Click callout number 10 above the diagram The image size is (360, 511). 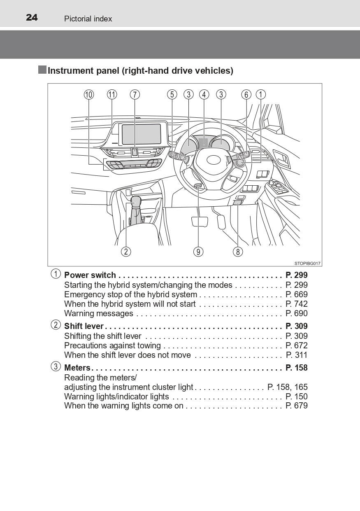(89, 95)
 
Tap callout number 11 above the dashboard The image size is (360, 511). (112, 95)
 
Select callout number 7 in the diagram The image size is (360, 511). (135, 95)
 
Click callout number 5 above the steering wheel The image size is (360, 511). (172, 95)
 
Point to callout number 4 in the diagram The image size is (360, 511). (204, 95)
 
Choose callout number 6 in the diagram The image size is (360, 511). (246, 95)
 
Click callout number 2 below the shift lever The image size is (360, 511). (126, 252)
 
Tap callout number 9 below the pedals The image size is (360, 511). (198, 252)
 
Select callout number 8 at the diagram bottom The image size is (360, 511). (238, 252)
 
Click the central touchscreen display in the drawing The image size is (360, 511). (142, 134)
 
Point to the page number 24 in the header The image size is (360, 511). (32, 18)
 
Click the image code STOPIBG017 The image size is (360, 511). (307, 264)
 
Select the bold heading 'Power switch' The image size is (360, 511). (90, 275)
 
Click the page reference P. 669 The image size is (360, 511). (297, 294)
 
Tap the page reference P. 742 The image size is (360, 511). (297, 304)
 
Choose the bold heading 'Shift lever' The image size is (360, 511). (84, 326)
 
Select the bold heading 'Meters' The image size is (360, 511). (77, 368)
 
